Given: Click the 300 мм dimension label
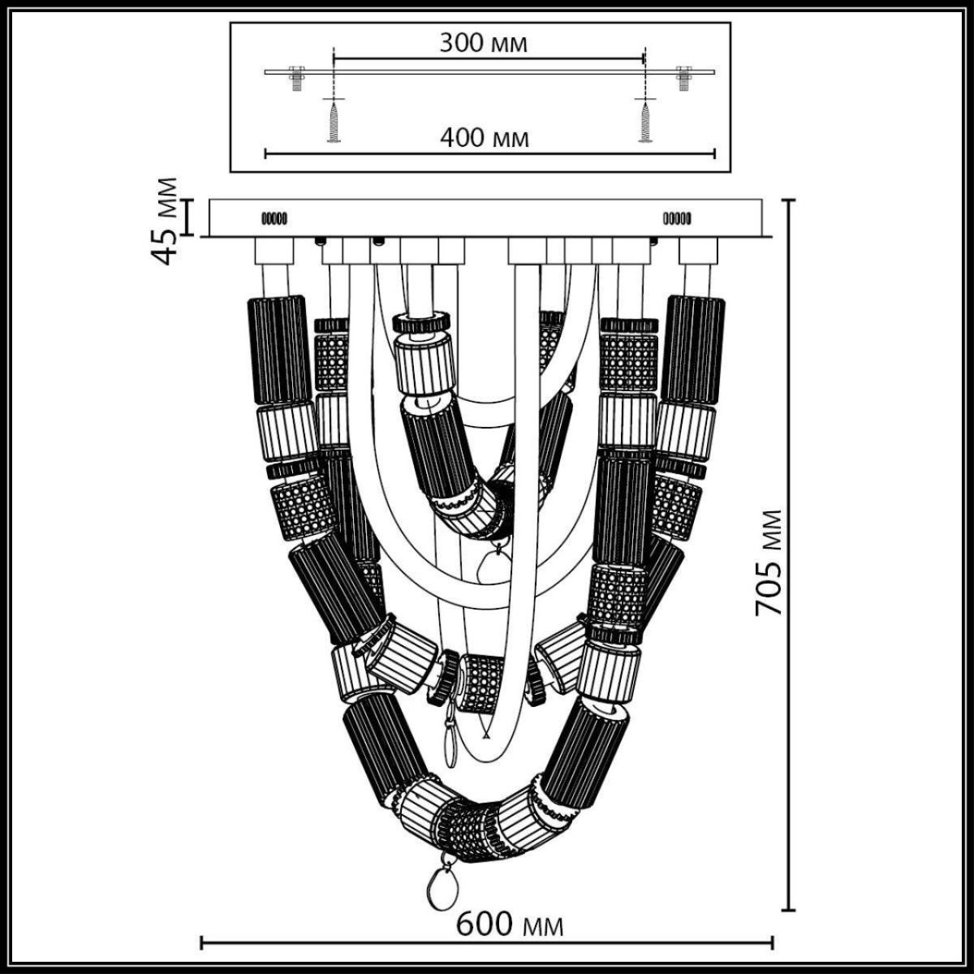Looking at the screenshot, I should pyautogui.click(x=484, y=43).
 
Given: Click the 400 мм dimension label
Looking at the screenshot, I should pyautogui.click(x=485, y=138).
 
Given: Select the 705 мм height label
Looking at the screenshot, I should pyautogui.click(x=769, y=562).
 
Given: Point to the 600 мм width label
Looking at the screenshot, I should pyautogui.click(x=510, y=924).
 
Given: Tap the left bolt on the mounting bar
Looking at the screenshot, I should pyautogui.click(x=295, y=77).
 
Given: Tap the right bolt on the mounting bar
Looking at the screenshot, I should pyautogui.click(x=683, y=77).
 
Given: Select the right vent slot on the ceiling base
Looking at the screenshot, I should pyautogui.click(x=677, y=218).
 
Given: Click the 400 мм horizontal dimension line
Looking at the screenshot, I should pyautogui.click(x=365, y=152).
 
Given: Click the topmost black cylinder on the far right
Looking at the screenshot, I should pyautogui.click(x=695, y=349).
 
